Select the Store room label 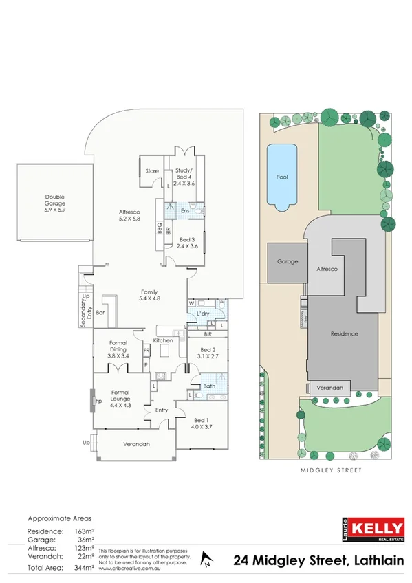[x=152, y=171]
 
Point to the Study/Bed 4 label [x=185, y=177]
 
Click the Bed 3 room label [x=187, y=241]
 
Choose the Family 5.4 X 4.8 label [x=149, y=294]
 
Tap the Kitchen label [x=162, y=341]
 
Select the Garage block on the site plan [x=287, y=262]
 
